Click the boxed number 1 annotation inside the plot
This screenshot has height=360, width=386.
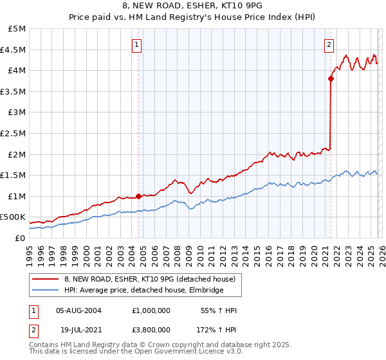pos(138,45)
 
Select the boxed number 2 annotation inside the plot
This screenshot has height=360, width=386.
pos(329,45)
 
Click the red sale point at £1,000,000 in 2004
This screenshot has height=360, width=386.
pos(138,196)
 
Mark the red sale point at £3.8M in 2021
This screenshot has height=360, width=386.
pos(331,79)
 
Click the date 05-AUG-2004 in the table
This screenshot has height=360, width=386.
pos(80,310)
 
